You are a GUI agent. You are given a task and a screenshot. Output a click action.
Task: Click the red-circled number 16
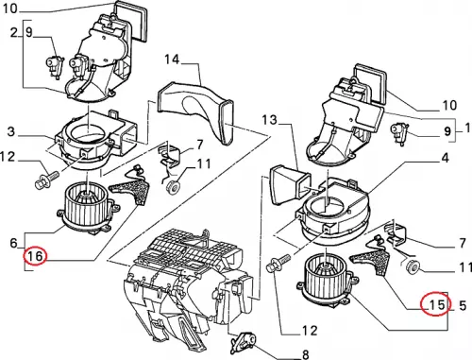pos(35,256)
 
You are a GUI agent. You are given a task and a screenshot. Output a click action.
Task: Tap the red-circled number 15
pos(437,304)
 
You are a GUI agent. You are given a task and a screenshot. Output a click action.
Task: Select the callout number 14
pos(172,59)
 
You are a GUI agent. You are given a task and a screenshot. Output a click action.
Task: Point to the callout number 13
pos(269,119)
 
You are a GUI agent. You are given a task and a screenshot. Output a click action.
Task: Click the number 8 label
pos(305,354)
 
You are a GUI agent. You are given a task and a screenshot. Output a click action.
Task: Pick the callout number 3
pos(11,131)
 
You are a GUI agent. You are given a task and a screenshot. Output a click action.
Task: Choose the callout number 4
pos(446,158)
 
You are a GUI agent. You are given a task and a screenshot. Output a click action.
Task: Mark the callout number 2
pos(13,32)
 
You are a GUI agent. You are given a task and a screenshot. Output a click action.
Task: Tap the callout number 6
pos(13,243)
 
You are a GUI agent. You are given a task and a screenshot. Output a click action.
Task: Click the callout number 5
pos(463,305)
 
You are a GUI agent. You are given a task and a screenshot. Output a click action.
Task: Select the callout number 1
pos(467,128)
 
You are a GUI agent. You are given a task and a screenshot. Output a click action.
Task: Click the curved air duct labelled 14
pos(196,111)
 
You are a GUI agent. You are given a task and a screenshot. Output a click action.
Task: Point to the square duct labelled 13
pos(290,185)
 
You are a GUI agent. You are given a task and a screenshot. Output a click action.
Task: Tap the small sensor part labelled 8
pos(243,340)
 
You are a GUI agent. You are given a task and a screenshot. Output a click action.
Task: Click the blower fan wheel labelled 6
pos(88,208)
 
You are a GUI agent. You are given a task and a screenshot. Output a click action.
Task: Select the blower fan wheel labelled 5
pos(328,282)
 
